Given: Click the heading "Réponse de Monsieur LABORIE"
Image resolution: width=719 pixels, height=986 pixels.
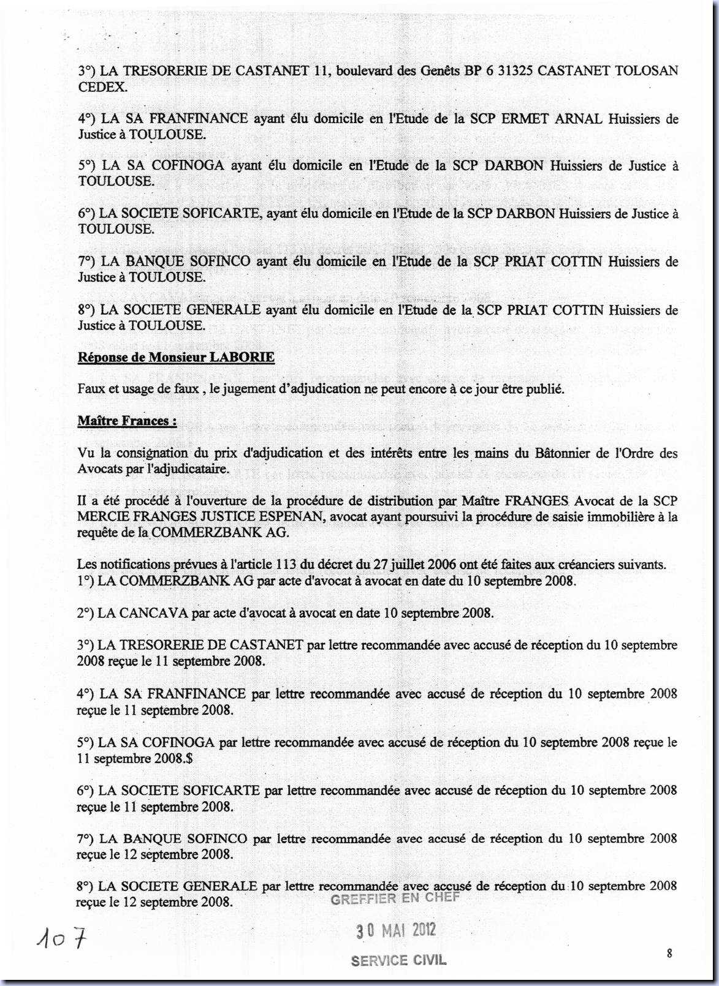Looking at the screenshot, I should click(x=176, y=358).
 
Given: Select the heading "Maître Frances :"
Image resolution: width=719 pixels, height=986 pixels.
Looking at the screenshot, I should click(x=127, y=421).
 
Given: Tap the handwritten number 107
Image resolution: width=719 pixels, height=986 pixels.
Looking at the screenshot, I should click(x=61, y=938).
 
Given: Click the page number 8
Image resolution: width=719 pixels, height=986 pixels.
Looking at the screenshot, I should click(x=669, y=953).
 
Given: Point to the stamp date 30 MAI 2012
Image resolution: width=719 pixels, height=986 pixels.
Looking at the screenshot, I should click(x=397, y=930).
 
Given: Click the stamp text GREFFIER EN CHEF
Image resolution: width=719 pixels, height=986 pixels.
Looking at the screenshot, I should click(x=395, y=899).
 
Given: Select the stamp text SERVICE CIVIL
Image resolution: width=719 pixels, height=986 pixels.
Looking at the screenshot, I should click(x=398, y=961).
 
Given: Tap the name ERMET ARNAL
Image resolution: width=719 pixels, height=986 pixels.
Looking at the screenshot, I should click(x=552, y=119).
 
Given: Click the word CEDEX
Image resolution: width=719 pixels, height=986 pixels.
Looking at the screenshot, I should click(x=102, y=87).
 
